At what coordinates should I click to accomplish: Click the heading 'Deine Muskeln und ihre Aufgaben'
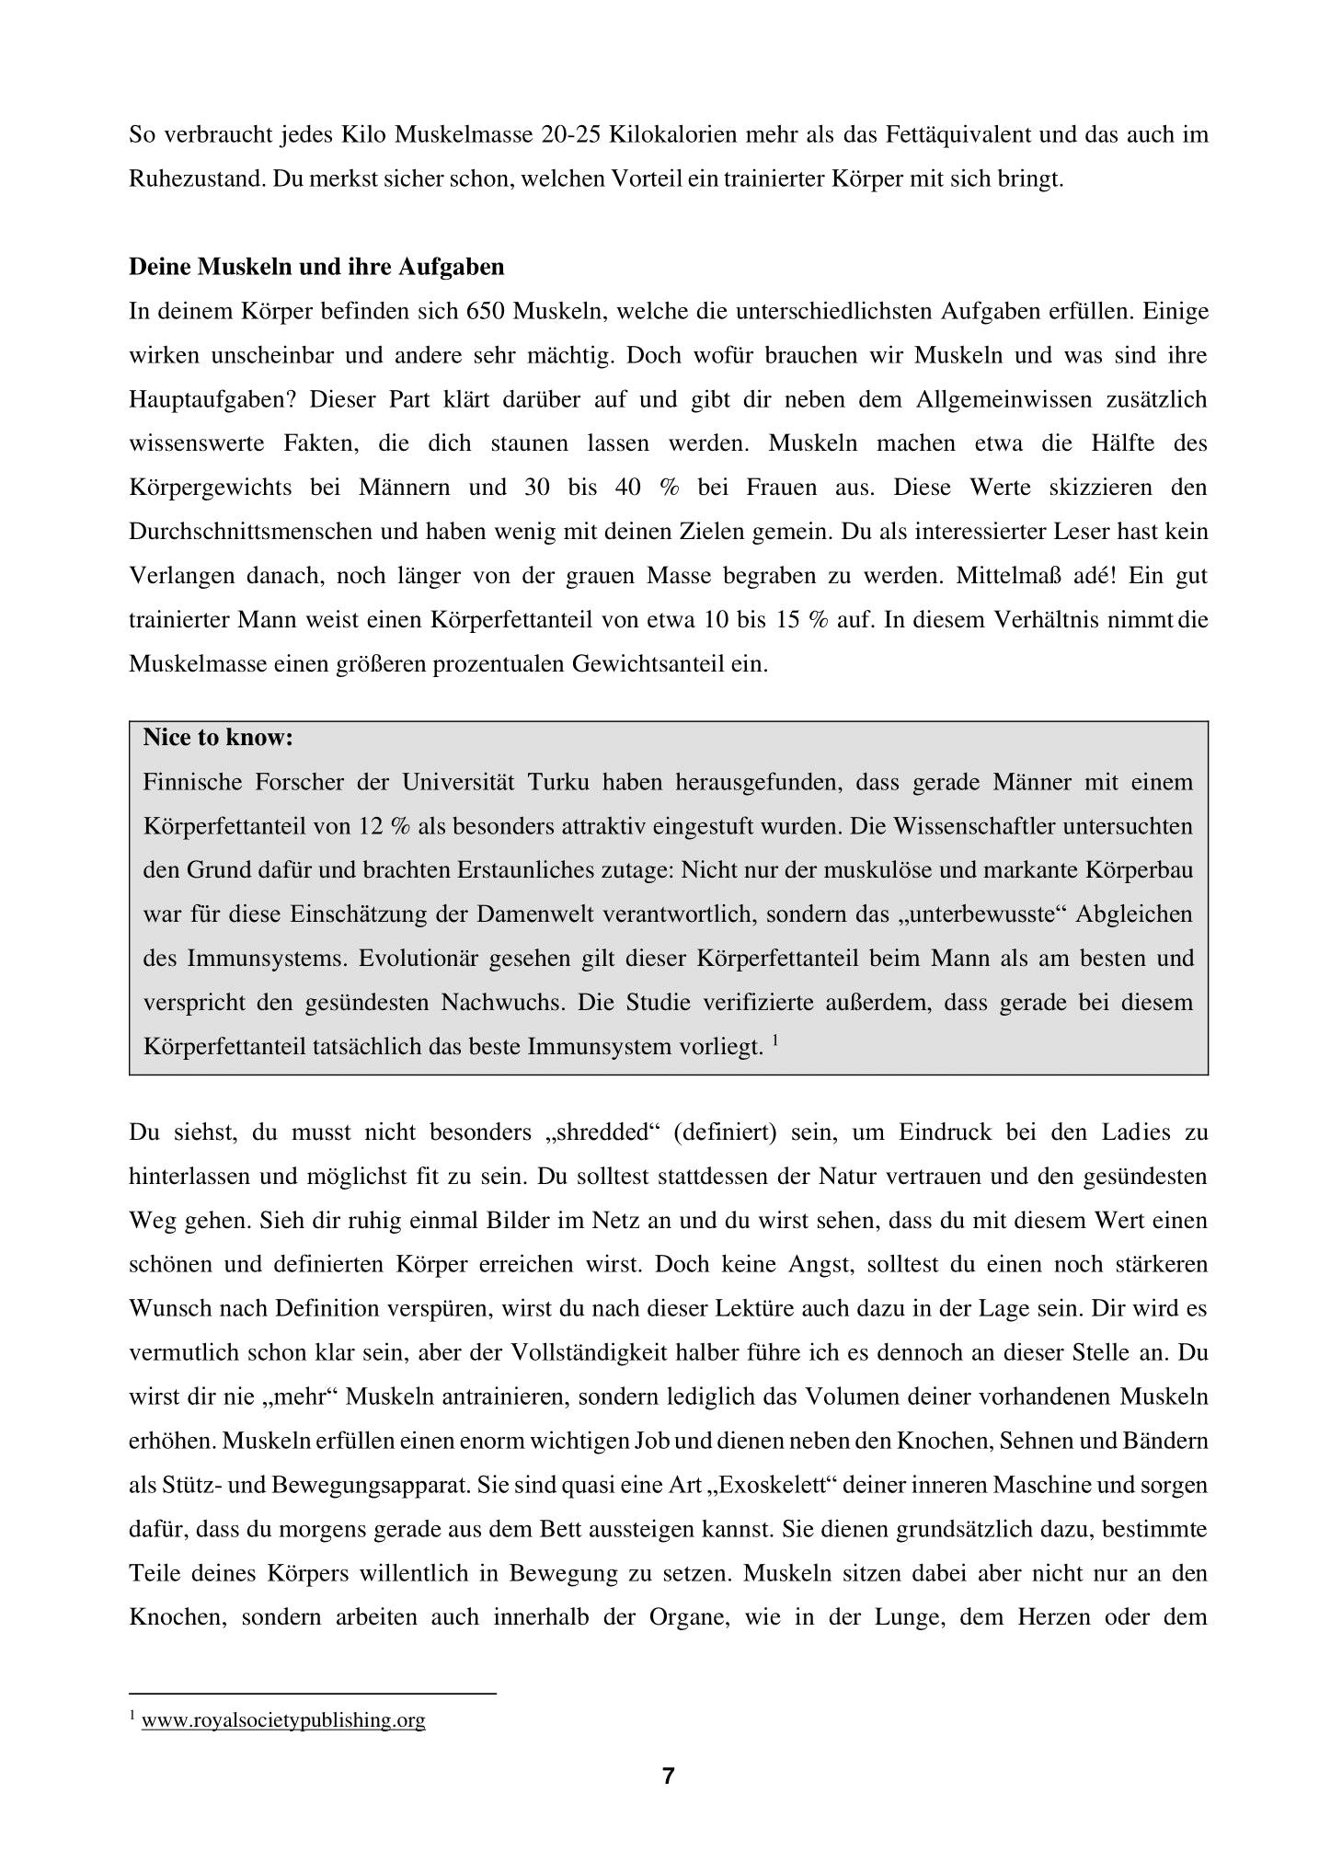(x=316, y=267)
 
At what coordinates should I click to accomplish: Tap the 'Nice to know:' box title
(x=218, y=738)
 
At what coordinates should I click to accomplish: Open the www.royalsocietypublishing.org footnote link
(x=283, y=1720)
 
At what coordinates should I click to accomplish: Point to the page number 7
(x=668, y=1776)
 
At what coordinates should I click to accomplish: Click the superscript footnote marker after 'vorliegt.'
(x=775, y=1040)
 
